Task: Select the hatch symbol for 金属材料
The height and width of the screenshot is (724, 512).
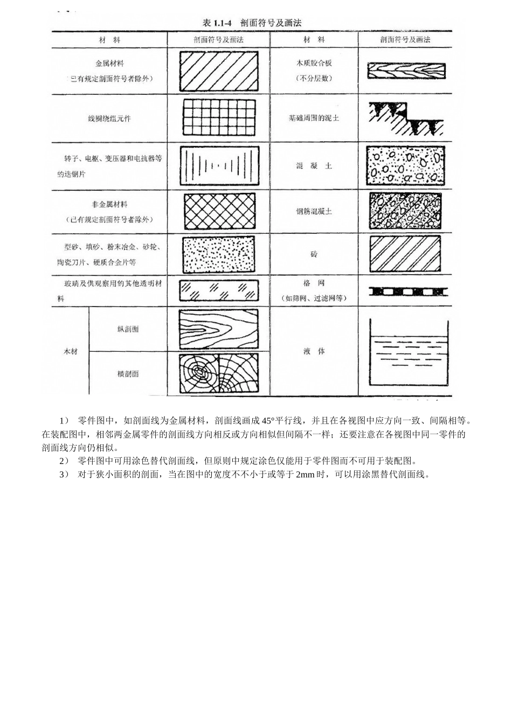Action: pos(218,71)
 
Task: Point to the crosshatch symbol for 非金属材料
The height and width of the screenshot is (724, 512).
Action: pos(218,212)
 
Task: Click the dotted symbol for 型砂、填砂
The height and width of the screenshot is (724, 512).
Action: pos(218,255)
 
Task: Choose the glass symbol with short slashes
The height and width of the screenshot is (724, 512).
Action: pos(218,291)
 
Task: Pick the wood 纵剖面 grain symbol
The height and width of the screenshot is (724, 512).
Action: pos(218,329)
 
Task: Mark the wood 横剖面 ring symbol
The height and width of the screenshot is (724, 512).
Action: pos(218,373)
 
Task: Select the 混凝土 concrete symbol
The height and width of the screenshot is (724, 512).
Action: pos(406,165)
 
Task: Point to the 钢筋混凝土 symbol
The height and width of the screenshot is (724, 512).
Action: pos(406,211)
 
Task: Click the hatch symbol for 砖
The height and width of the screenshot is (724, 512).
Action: pos(406,254)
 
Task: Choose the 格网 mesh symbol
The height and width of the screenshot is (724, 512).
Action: pos(408,291)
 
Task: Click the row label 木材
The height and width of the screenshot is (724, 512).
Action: pos(71,351)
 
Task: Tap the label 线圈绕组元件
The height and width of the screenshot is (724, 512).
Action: pos(109,118)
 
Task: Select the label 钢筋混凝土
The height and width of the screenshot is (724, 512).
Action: pos(314,212)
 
